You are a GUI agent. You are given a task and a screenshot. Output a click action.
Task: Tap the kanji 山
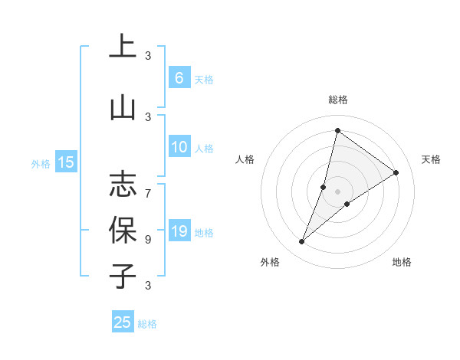123,107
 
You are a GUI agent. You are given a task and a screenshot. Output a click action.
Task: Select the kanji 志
123,184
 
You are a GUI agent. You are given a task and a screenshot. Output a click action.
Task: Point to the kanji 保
123,229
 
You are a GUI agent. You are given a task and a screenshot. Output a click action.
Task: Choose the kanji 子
123,276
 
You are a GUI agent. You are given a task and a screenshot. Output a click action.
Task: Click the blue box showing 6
179,77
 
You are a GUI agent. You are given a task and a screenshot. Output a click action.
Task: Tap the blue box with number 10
179,147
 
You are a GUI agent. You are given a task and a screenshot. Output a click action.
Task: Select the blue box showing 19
179,231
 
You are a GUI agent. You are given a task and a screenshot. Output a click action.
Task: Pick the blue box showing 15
66,162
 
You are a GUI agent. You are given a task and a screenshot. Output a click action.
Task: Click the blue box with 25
123,322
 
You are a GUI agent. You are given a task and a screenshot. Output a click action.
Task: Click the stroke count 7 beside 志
148,186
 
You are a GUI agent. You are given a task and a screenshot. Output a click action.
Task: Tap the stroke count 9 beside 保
148,239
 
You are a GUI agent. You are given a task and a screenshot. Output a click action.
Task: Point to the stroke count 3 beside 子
148,286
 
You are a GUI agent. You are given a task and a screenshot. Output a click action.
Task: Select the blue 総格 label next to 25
147,324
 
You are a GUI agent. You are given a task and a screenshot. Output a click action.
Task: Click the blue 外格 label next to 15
41,163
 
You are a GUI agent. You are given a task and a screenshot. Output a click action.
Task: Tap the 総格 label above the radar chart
338,100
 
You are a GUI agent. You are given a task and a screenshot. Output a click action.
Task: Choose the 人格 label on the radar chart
245,159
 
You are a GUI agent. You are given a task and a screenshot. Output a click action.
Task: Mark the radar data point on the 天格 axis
396,173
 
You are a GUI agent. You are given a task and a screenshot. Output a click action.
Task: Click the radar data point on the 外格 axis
302,242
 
